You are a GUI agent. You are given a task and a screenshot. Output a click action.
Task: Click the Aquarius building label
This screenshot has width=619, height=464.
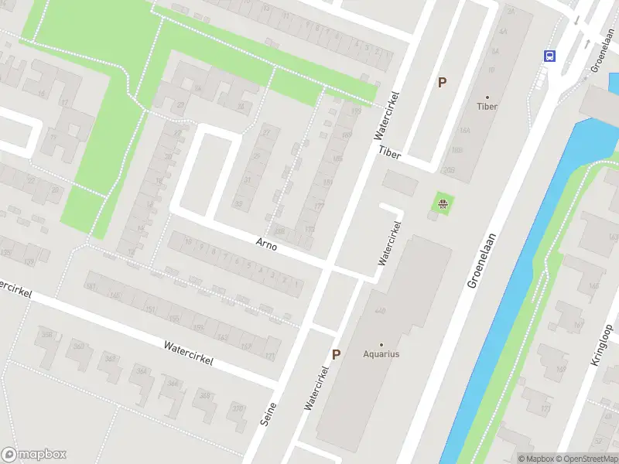coord(381,354)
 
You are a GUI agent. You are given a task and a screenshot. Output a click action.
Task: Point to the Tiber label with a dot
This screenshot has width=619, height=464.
coord(487,106)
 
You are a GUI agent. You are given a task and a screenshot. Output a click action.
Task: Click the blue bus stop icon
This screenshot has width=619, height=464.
coord(549,56)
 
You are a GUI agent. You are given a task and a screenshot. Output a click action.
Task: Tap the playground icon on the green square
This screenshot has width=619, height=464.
coord(443,205)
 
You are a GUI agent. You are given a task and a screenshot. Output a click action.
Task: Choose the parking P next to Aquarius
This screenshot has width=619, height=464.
coord(336,354)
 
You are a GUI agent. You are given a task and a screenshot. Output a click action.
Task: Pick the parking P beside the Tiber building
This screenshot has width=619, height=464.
coord(443,82)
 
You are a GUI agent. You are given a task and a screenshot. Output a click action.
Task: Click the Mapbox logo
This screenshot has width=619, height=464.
coord(34,455)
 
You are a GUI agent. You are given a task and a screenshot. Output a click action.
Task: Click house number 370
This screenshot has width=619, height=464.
coord(237,408)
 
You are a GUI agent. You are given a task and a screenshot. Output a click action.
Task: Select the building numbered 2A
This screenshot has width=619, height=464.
coord(510,11)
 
